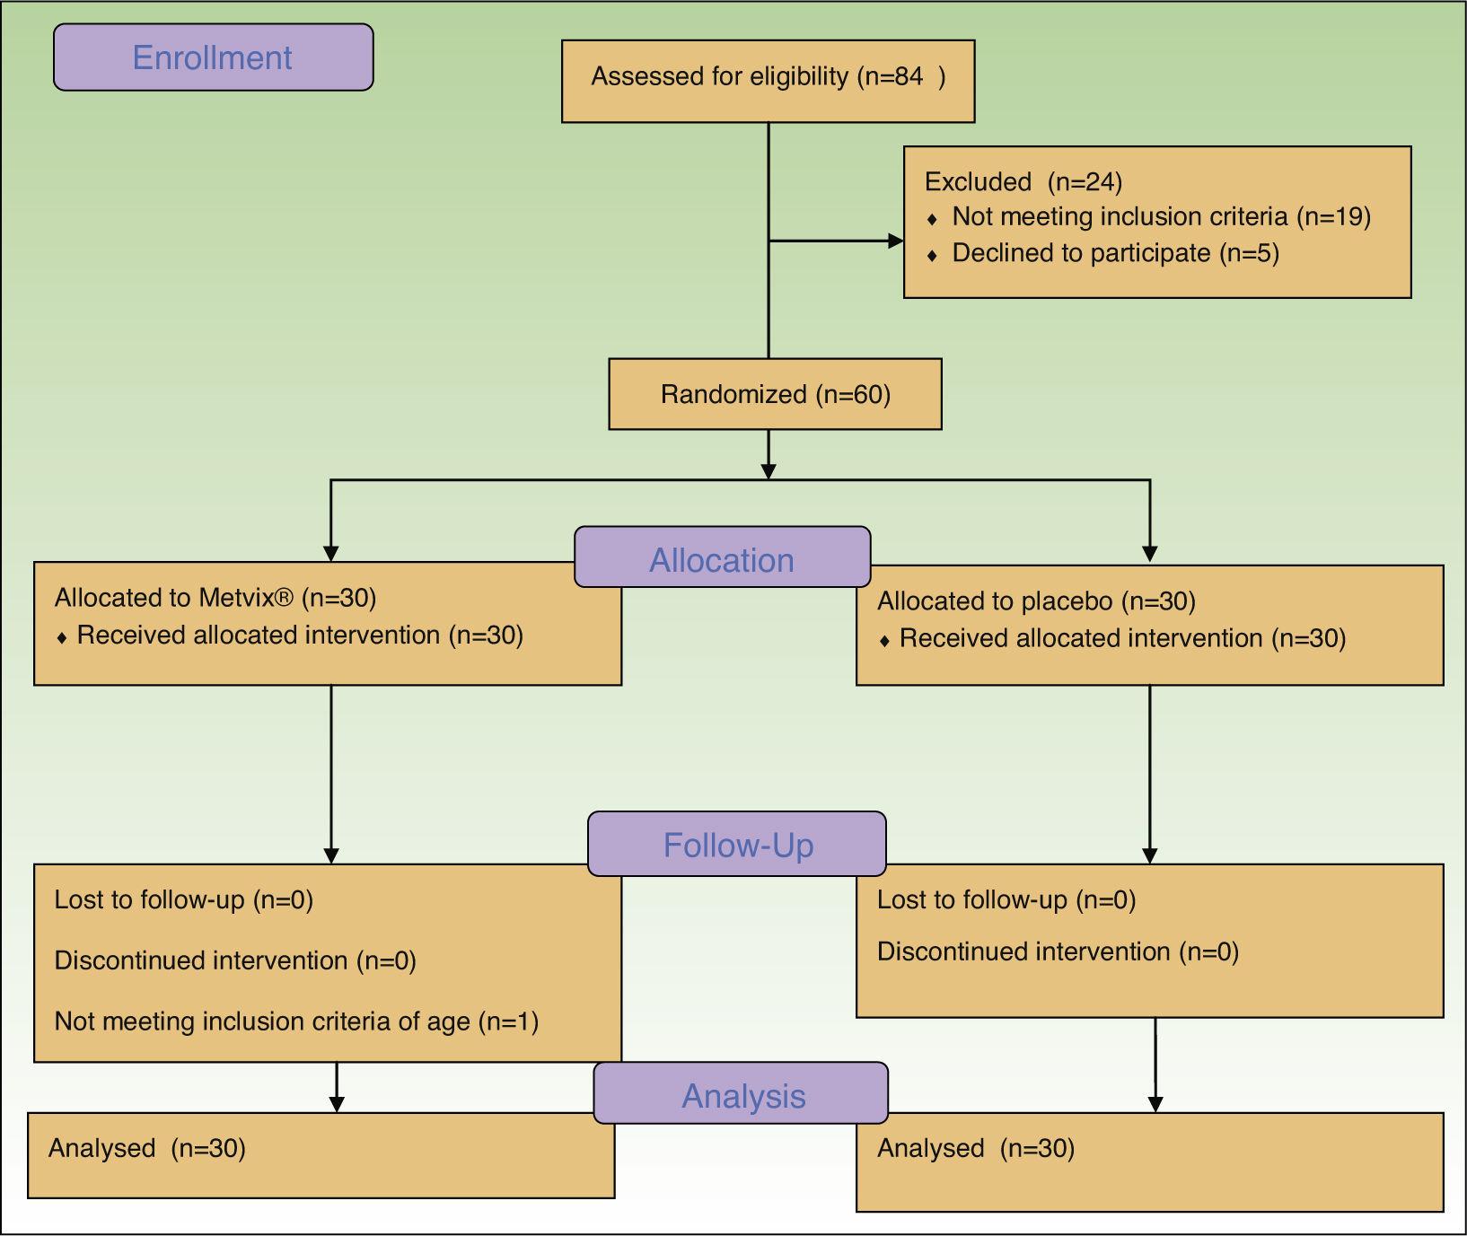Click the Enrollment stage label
point(213,57)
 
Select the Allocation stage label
point(722,559)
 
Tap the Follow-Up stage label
point(738,845)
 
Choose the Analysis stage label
point(742,1095)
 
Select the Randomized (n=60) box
point(775,394)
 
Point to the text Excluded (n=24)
point(1023,182)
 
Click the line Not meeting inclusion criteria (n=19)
point(1160,217)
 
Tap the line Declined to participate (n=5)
point(1114,253)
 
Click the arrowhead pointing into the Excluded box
point(895,241)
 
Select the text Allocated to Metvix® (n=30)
point(215,598)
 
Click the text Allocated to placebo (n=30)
point(1035,601)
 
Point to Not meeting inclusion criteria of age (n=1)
point(295,1021)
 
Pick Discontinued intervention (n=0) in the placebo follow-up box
point(1057,951)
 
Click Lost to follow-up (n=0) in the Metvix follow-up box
point(183,899)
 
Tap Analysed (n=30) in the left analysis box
point(146,1148)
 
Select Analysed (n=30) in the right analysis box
point(975,1148)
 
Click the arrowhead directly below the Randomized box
point(769,470)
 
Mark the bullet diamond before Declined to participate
point(933,255)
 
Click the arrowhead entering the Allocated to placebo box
point(1150,554)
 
